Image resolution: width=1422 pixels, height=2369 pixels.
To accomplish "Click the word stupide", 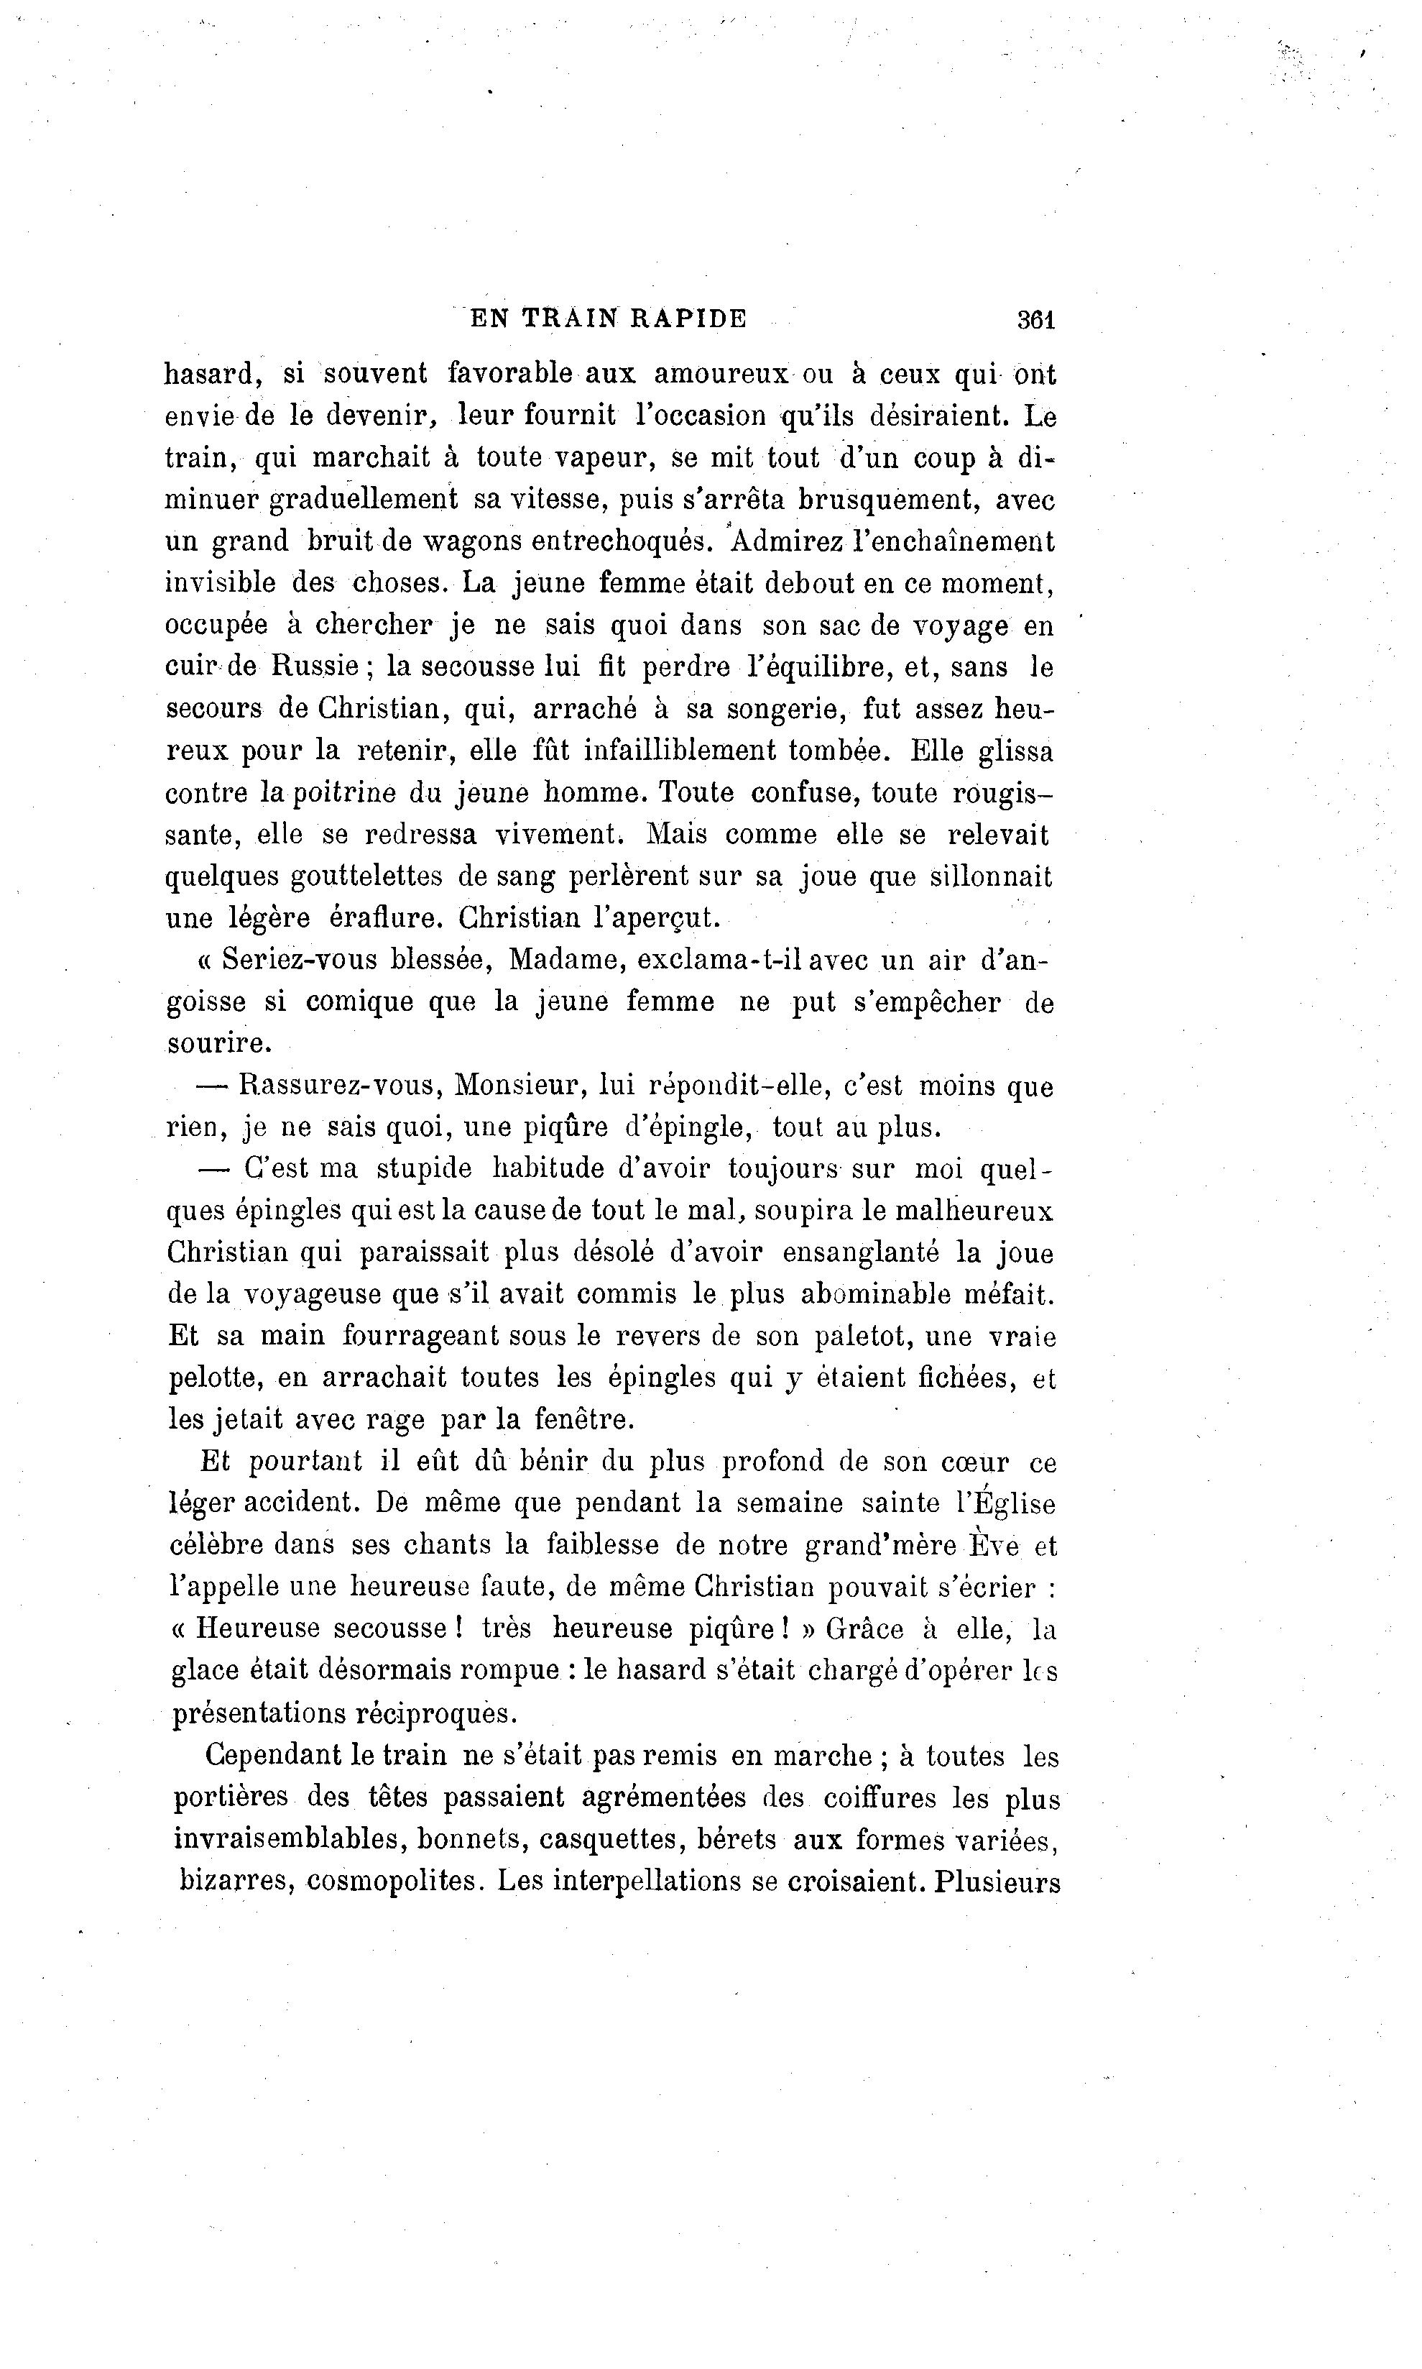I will tap(423, 1168).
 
